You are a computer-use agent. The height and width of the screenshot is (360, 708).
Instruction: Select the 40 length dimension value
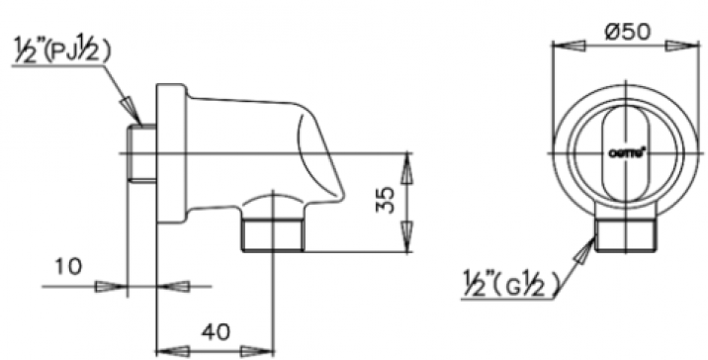[x=216, y=331]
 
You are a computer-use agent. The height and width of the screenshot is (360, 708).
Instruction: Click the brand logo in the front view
[x=626, y=152]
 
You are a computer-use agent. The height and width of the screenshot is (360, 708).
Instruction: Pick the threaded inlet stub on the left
[x=141, y=154]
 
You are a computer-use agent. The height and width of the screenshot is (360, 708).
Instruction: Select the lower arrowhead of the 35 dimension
[x=404, y=241]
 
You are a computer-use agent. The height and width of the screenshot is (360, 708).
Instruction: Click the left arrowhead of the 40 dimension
[x=172, y=350]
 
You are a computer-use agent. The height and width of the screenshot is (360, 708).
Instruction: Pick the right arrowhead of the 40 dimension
[x=259, y=350]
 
